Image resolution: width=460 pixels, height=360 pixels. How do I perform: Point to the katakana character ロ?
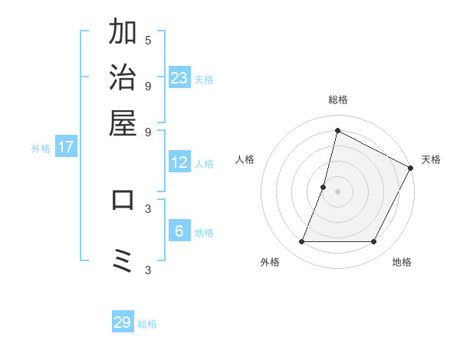tap(123, 199)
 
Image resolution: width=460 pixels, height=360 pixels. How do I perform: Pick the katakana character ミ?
tap(123, 261)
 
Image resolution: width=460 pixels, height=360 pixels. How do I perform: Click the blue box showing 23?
tap(179, 77)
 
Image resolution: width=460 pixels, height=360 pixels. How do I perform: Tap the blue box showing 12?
tap(179, 162)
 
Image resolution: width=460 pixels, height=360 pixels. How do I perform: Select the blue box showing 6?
tap(179, 231)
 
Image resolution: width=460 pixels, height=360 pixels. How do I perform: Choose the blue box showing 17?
tap(65, 147)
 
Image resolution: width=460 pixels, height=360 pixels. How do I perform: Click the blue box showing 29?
tap(123, 322)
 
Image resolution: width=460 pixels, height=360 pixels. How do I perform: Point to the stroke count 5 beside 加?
tap(148, 40)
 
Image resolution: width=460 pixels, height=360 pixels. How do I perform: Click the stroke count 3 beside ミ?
tap(148, 270)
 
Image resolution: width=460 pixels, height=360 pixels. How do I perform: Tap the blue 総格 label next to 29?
tap(148, 324)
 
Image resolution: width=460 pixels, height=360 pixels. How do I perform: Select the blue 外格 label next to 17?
tap(41, 149)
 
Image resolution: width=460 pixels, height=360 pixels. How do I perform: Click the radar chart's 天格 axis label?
tap(431, 159)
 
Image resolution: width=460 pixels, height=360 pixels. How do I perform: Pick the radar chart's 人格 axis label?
tap(245, 159)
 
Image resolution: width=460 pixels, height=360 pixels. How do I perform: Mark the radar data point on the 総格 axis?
tap(337, 130)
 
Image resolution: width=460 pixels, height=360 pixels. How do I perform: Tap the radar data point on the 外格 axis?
tap(301, 242)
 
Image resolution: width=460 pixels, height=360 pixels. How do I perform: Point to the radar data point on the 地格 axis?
tap(374, 242)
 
